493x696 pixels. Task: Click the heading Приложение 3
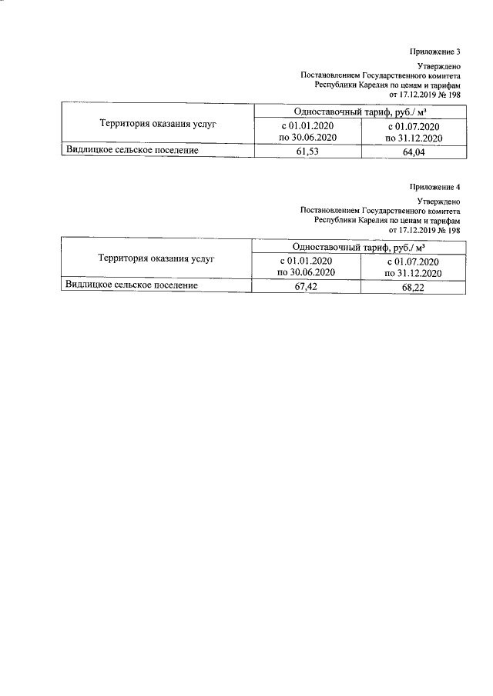pyautogui.click(x=435, y=52)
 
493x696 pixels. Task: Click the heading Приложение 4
pyautogui.click(x=435, y=187)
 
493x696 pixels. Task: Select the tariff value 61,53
pyautogui.click(x=307, y=152)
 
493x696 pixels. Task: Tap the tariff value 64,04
pyautogui.click(x=414, y=152)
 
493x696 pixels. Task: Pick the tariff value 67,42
pyautogui.click(x=307, y=287)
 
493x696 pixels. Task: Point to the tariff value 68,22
pyautogui.click(x=414, y=287)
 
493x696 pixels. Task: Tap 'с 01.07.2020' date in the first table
pyautogui.click(x=414, y=126)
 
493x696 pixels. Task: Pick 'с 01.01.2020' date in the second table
pyautogui.click(x=307, y=261)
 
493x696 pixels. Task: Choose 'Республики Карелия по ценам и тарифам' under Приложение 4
pyautogui.click(x=387, y=220)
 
